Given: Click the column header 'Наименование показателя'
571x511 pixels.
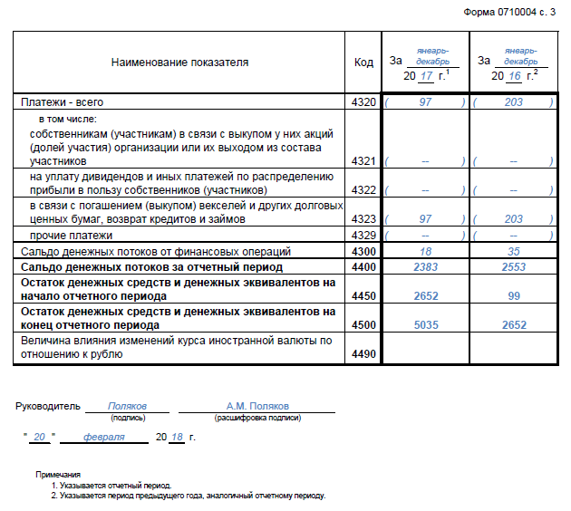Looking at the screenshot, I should pyautogui.click(x=179, y=63).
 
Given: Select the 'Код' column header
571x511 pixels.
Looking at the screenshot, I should pyautogui.click(x=363, y=63).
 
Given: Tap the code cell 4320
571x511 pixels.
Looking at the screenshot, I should pyautogui.click(x=363, y=103).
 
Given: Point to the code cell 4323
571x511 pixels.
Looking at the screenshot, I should pyautogui.click(x=363, y=219).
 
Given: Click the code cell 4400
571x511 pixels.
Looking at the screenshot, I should pyautogui.click(x=363, y=267).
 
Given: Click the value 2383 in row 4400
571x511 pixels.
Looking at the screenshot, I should pyautogui.click(x=425, y=267).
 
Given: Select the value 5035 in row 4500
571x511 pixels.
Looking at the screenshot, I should pyautogui.click(x=425, y=324).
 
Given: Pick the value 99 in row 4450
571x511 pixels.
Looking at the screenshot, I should pyautogui.click(x=513, y=296).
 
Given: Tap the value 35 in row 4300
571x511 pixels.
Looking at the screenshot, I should pyautogui.click(x=514, y=251).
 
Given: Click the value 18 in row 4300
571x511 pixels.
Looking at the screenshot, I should pyautogui.click(x=425, y=251).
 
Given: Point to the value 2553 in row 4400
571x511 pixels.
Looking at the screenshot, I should pyautogui.click(x=513, y=267).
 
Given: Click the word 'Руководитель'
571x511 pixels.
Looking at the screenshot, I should pyautogui.click(x=48, y=407).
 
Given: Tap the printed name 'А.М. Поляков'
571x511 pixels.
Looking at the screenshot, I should pyautogui.click(x=256, y=407).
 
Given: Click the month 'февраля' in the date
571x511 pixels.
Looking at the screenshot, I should pyautogui.click(x=103, y=437).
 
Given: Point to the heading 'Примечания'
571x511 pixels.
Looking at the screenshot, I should pyautogui.click(x=58, y=475).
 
